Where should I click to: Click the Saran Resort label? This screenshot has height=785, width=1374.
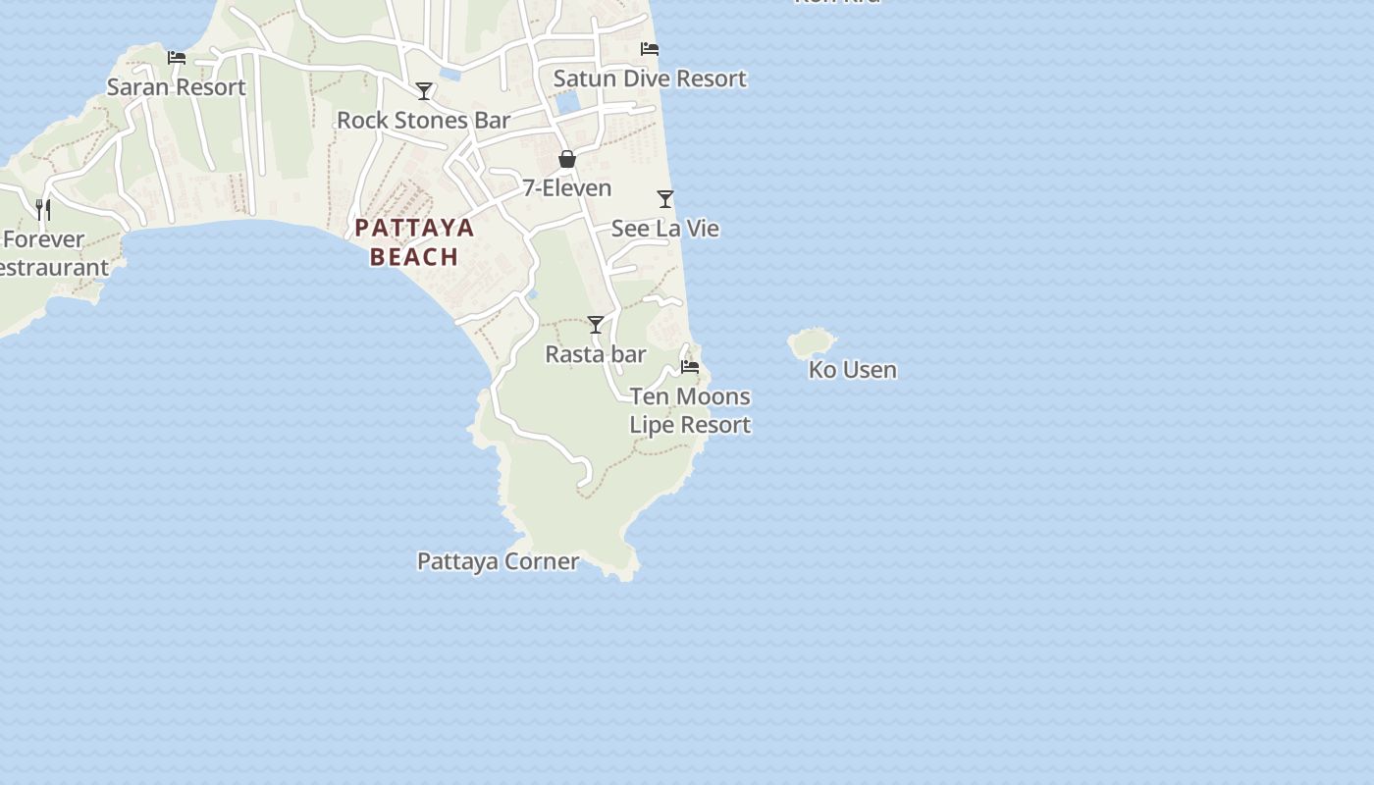177,87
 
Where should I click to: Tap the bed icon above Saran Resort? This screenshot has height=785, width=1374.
177,58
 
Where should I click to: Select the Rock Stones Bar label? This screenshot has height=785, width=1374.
423,121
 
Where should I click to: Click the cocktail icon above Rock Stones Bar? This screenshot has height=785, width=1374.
424,91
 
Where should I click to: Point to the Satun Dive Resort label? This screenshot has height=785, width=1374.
650,78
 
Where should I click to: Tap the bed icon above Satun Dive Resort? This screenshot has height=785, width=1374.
649,49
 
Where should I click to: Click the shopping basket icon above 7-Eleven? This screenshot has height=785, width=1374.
567,159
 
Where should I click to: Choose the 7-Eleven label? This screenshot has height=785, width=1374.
566,188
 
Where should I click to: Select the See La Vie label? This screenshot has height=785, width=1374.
665,229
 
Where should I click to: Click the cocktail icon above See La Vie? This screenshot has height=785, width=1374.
665,199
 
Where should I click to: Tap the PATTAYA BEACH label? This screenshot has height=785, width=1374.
414,242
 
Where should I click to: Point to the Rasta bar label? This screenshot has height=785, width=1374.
596,354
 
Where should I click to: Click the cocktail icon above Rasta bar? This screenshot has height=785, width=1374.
596,325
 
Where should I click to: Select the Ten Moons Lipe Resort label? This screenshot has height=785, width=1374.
690,410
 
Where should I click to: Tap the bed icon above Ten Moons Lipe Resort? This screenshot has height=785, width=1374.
690,367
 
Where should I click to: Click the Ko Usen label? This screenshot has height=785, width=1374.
852,370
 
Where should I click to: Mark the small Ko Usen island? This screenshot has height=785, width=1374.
811,342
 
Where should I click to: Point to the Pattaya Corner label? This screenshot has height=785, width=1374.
498,561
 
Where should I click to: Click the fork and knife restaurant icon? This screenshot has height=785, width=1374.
43,209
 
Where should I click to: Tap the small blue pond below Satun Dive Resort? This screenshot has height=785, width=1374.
567,102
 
